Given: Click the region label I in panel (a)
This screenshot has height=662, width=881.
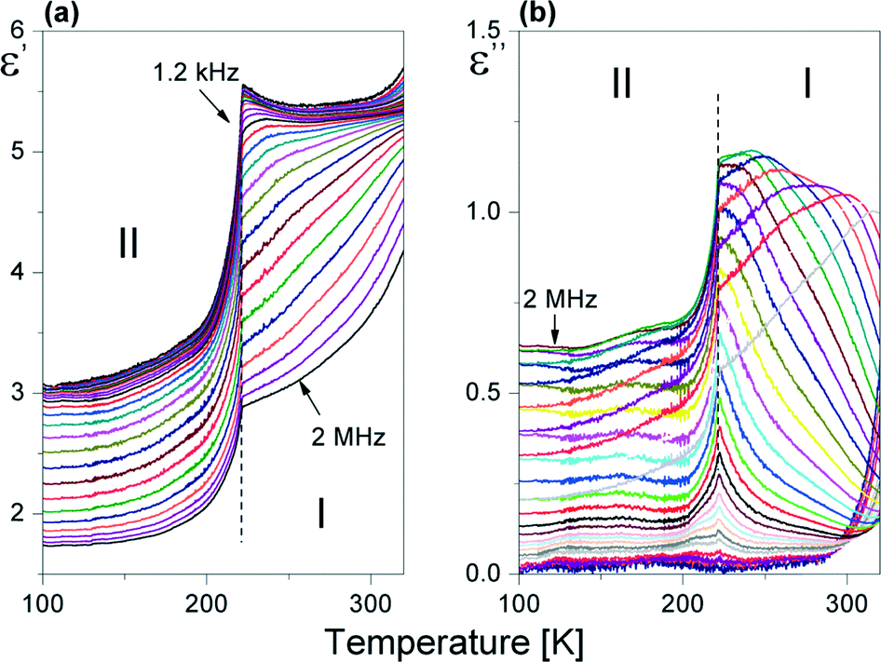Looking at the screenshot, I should click(x=320, y=515).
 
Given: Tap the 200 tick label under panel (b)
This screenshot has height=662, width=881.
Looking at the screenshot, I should click(x=683, y=596).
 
